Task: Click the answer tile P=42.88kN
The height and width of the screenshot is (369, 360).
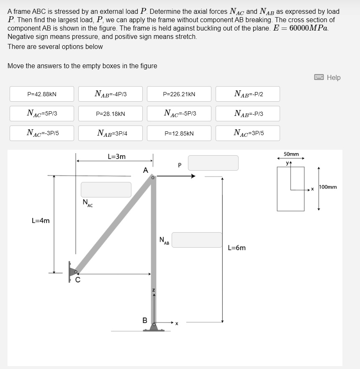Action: (42, 94)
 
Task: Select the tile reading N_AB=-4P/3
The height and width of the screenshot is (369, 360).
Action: (111, 94)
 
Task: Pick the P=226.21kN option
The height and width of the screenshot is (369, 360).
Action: (179, 94)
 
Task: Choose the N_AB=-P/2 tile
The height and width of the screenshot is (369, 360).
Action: (248, 94)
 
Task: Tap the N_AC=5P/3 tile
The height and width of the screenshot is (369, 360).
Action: (42, 113)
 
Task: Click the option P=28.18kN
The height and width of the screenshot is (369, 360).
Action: (111, 113)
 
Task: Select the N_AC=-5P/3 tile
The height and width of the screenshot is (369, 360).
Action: (179, 113)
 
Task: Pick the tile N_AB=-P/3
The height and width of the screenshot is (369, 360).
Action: (248, 113)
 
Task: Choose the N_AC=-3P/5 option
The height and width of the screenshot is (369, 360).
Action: (42, 133)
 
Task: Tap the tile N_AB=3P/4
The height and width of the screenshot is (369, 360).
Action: (111, 133)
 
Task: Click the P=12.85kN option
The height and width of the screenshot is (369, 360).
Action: (179, 133)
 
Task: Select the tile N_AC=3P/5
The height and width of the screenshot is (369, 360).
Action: (248, 133)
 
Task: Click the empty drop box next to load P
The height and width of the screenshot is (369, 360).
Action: (213, 163)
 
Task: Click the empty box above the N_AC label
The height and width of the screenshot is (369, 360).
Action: (106, 190)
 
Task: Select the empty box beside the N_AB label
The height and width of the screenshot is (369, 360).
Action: (197, 240)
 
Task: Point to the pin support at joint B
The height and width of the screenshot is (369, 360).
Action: (154, 327)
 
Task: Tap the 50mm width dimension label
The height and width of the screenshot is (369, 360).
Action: (291, 154)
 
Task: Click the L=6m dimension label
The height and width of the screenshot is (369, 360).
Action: (237, 248)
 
